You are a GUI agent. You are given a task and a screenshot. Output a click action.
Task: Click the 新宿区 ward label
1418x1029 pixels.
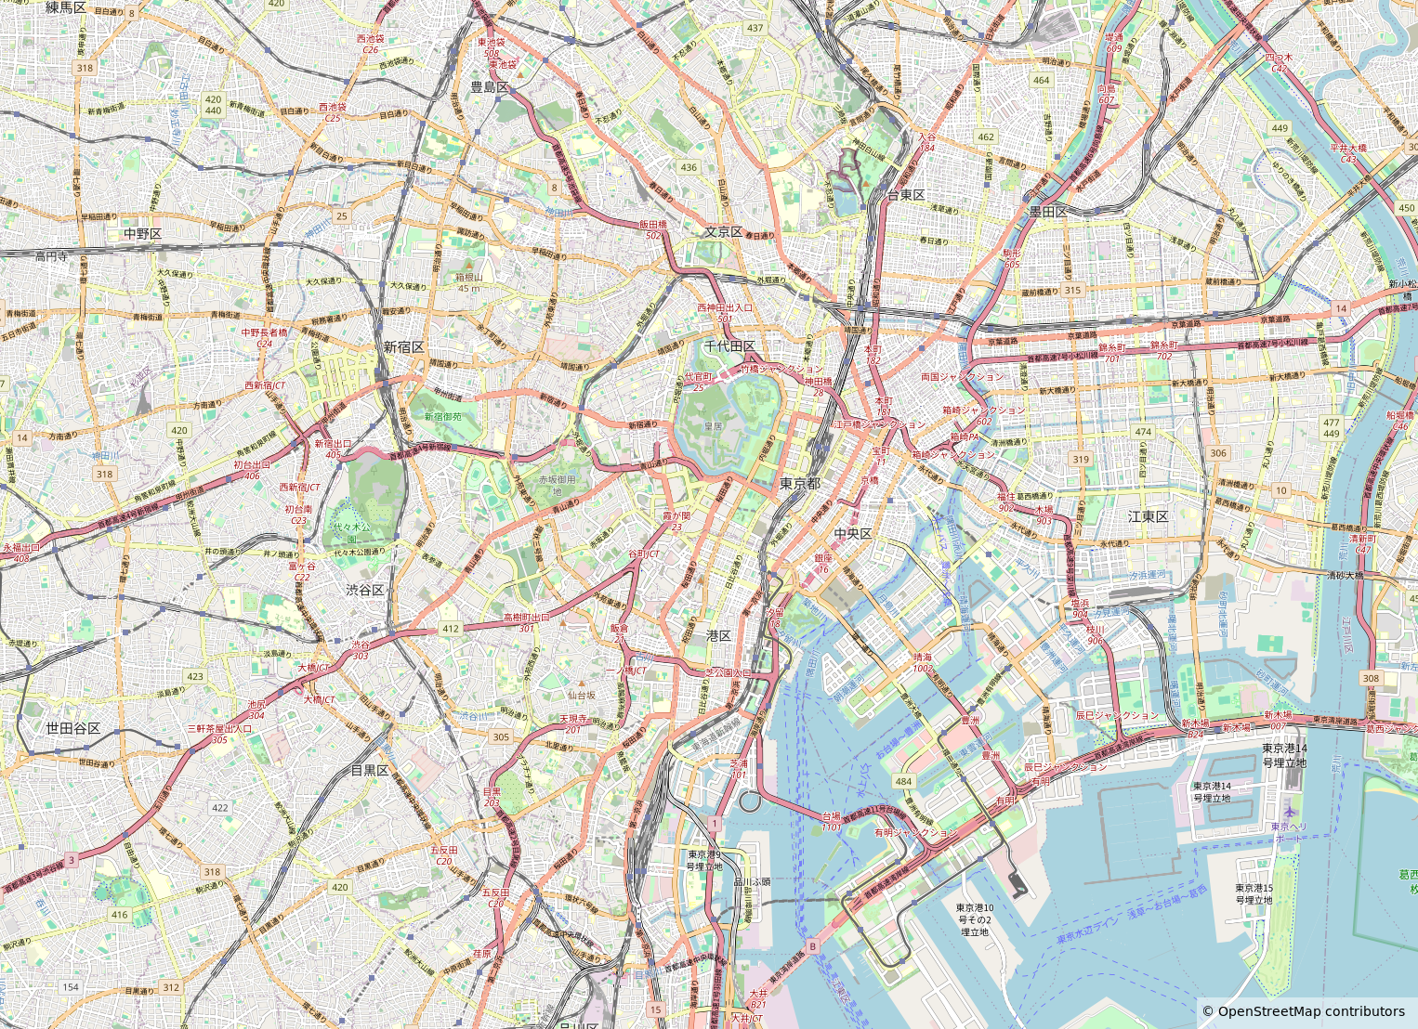[x=403, y=346]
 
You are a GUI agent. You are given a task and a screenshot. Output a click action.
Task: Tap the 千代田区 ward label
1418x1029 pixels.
[x=729, y=345]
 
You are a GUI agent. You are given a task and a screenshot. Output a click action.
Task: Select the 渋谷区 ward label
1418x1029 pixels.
[x=365, y=590]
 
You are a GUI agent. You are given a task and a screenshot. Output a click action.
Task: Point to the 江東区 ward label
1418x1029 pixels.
[x=1148, y=516]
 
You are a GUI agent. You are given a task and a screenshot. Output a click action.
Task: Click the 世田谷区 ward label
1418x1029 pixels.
[x=73, y=728]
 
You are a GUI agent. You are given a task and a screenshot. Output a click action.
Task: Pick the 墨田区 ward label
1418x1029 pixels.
[x=1047, y=212]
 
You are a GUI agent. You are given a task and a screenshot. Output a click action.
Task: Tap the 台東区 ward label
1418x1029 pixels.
[x=905, y=195]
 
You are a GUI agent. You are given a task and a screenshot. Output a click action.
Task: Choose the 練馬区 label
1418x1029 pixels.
[x=66, y=7]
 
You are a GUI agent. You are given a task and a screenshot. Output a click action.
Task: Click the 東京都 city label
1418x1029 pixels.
[x=800, y=484]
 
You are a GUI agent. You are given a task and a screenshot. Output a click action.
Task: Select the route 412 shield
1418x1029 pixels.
[x=451, y=629]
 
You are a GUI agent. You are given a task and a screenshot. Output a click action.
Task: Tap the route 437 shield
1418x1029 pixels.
[x=755, y=28]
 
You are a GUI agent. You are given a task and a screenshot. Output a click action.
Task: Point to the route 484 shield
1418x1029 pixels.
[x=903, y=782]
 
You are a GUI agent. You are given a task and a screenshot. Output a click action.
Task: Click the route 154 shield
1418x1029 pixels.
[x=72, y=987]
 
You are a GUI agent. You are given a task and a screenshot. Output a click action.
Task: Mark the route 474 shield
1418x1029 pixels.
[x=1143, y=432]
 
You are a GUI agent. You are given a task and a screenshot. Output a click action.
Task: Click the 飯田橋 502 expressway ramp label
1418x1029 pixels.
[x=653, y=229]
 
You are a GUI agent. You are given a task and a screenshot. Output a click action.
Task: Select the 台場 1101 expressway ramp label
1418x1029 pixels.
[x=831, y=821]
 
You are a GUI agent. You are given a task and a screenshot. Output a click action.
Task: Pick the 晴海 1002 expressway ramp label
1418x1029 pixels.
[x=922, y=662]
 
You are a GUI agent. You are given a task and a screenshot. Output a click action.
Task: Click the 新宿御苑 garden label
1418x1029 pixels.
[x=442, y=417]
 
